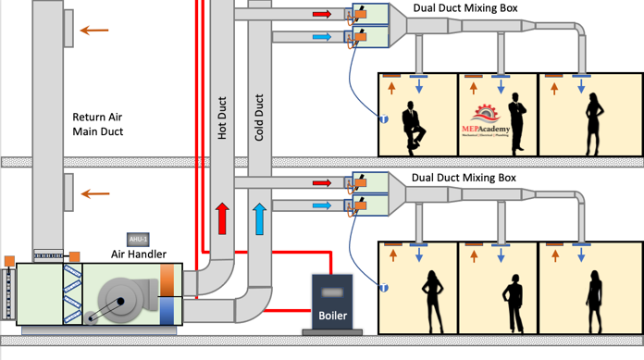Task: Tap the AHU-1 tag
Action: pos(139,239)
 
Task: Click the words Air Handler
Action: pos(139,254)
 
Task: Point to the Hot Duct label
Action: pos(222,121)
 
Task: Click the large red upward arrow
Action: pos(222,217)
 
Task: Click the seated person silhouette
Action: pos(413,126)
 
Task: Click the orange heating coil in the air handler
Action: pos(167,280)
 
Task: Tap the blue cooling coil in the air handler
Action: pos(167,310)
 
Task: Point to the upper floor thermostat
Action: pos(383,118)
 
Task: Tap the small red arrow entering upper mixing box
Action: pos(321,15)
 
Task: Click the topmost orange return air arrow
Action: pos(93,30)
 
